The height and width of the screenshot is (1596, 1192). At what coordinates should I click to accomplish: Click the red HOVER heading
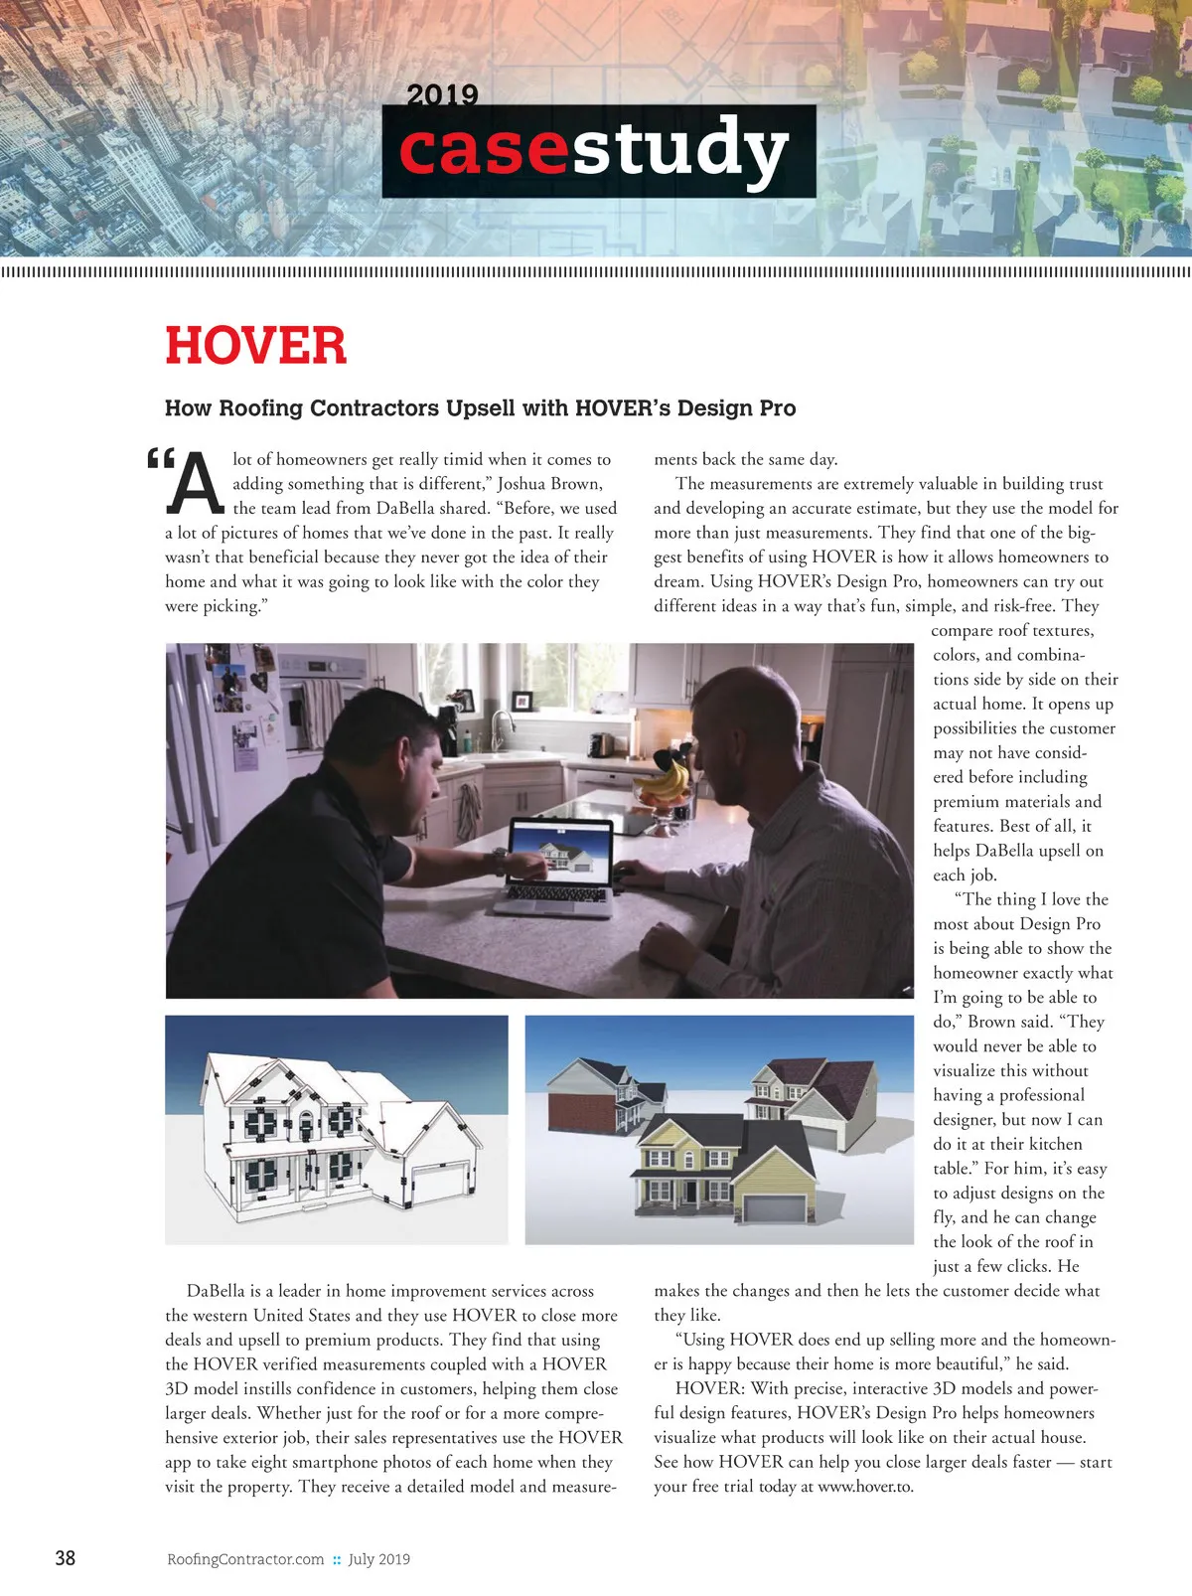(x=255, y=346)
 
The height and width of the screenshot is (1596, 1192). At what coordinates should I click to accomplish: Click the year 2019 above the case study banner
(x=442, y=95)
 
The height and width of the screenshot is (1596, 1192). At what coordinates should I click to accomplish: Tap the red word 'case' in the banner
(x=484, y=149)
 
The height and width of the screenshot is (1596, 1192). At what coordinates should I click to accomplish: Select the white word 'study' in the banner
(x=680, y=149)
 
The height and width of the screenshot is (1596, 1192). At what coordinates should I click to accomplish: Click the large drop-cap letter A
(x=195, y=485)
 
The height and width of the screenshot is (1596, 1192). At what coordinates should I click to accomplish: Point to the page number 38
(x=65, y=1557)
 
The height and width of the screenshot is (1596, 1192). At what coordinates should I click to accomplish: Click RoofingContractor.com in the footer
(x=245, y=1559)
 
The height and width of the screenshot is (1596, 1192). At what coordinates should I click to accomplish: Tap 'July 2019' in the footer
(x=378, y=1559)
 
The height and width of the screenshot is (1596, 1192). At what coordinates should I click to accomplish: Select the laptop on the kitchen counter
(x=558, y=865)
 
